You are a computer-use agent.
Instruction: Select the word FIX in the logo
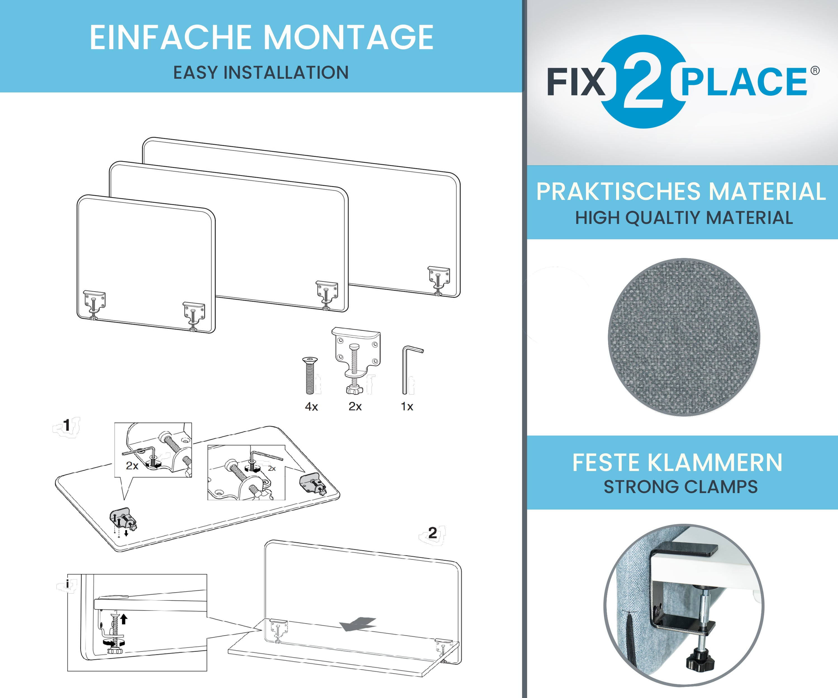coord(576,82)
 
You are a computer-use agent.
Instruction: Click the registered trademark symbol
coord(815,71)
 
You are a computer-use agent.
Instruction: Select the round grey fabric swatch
coord(684,338)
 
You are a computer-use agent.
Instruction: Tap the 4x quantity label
coord(311,407)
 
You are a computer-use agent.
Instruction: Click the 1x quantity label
coord(407,407)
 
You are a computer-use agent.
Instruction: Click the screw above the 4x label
coord(310,375)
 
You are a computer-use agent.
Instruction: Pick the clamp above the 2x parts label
coord(356,359)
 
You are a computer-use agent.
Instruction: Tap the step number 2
coord(433,533)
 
